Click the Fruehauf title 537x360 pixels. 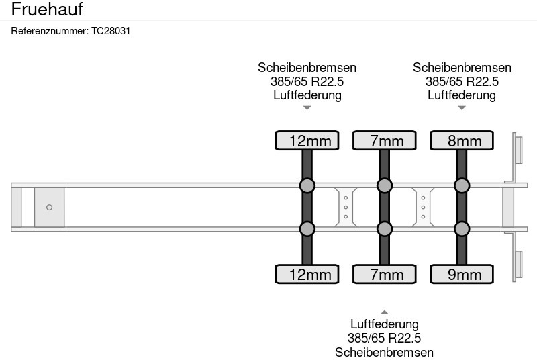[46, 10]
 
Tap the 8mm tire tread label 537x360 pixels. [461, 140]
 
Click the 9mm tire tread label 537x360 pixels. [461, 274]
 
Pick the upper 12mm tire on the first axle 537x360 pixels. [307, 140]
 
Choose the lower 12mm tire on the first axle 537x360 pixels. [307, 274]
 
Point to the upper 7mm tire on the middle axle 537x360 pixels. [384, 140]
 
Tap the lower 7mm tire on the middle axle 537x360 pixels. [384, 274]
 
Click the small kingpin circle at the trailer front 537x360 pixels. [49, 208]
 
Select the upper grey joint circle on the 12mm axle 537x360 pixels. [307, 185]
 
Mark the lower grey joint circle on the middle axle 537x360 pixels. [384, 229]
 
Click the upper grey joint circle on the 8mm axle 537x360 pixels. [461, 185]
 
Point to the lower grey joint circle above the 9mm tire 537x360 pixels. [461, 229]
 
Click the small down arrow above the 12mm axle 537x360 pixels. [307, 107]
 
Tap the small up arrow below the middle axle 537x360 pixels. [384, 312]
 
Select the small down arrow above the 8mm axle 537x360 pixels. [461, 107]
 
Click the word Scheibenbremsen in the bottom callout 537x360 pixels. [384, 352]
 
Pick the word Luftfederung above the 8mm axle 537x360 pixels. [461, 95]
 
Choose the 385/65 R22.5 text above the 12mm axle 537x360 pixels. [307, 81]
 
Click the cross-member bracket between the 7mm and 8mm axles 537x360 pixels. [423, 207]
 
